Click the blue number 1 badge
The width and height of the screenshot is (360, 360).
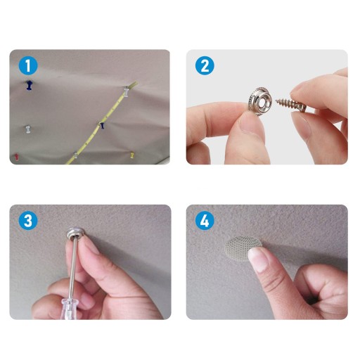coord(28,66)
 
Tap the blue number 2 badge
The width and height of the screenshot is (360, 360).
coord(205,66)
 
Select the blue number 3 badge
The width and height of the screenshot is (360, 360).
coord(28,221)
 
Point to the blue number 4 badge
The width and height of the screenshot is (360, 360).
coord(205,221)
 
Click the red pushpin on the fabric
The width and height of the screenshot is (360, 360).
coord(16,156)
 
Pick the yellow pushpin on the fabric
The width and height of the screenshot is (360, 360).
coord(132,155)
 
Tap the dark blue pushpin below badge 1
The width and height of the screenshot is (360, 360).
coord(29,85)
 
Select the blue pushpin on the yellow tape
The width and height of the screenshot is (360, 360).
coord(102,125)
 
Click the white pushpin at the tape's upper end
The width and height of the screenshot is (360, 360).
coord(126,91)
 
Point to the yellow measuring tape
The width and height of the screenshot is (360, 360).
coord(101,123)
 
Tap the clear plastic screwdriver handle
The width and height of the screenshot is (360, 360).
coord(68,309)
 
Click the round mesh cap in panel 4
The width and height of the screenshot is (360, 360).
coord(241,247)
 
